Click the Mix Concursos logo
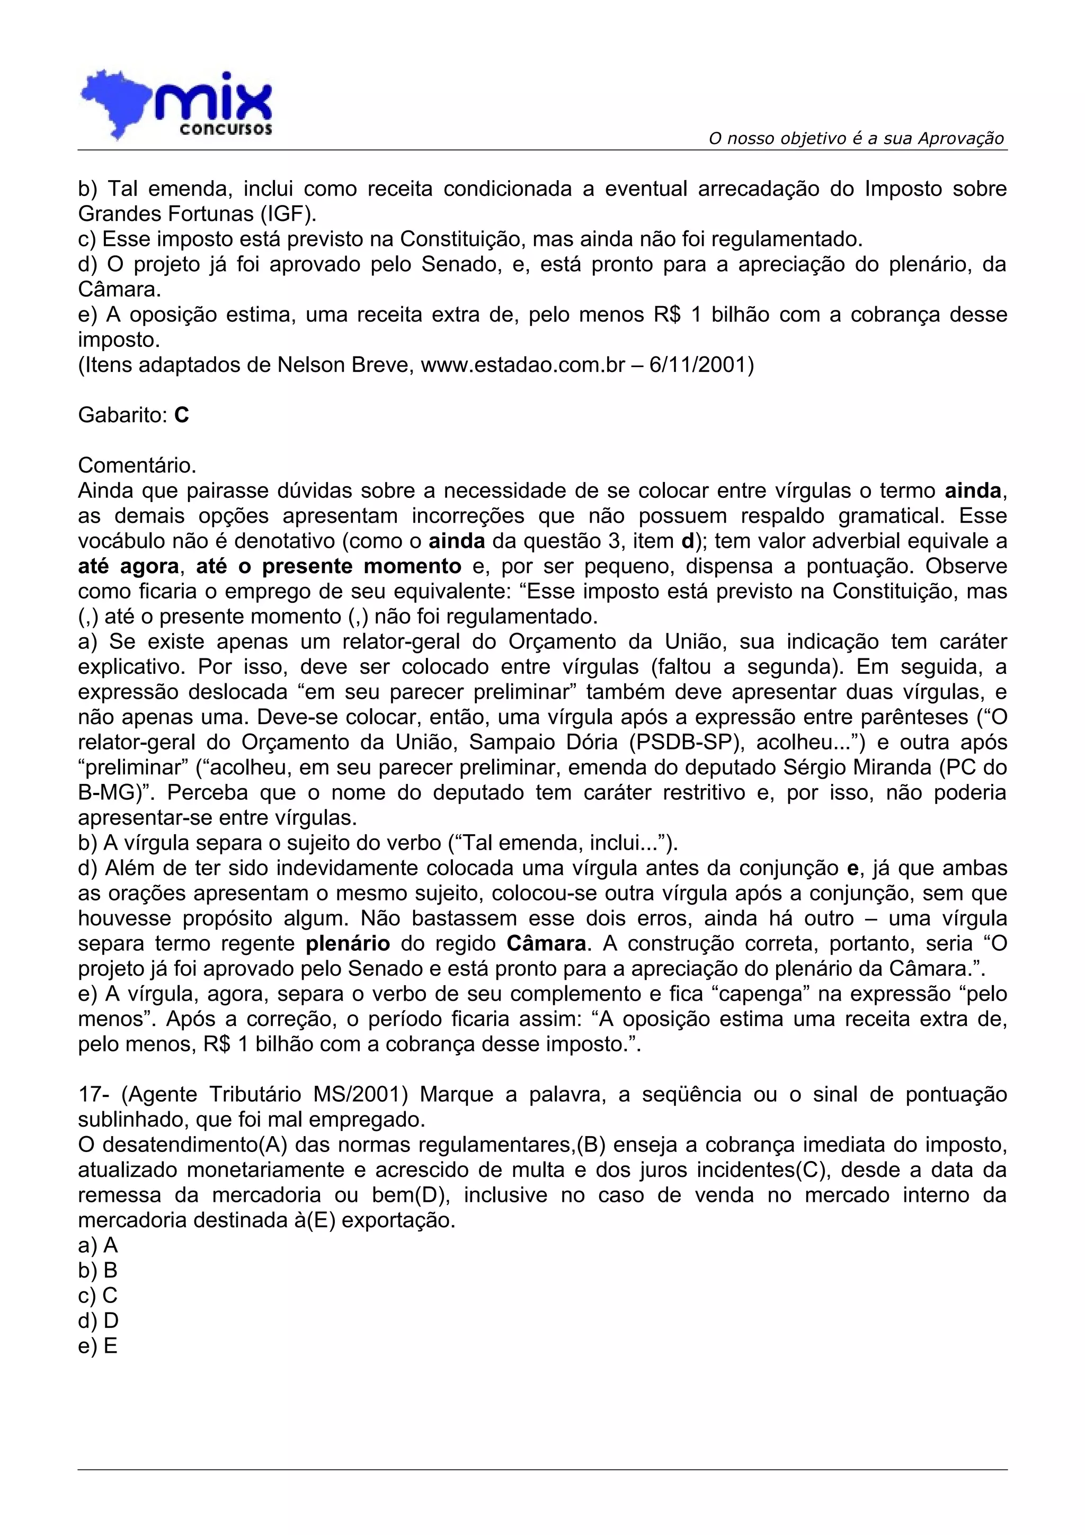pyautogui.click(x=176, y=105)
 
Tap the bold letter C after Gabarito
pyautogui.click(x=181, y=415)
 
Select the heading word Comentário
pyautogui.click(x=137, y=465)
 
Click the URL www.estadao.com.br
pyautogui.click(x=523, y=365)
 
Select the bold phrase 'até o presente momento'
pyautogui.click(x=328, y=566)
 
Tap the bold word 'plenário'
pyautogui.click(x=348, y=943)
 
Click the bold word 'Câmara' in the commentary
pyautogui.click(x=547, y=943)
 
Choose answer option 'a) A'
pyautogui.click(x=97, y=1245)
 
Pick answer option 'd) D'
pyautogui.click(x=97, y=1320)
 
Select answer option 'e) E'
pyautogui.click(x=97, y=1346)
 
